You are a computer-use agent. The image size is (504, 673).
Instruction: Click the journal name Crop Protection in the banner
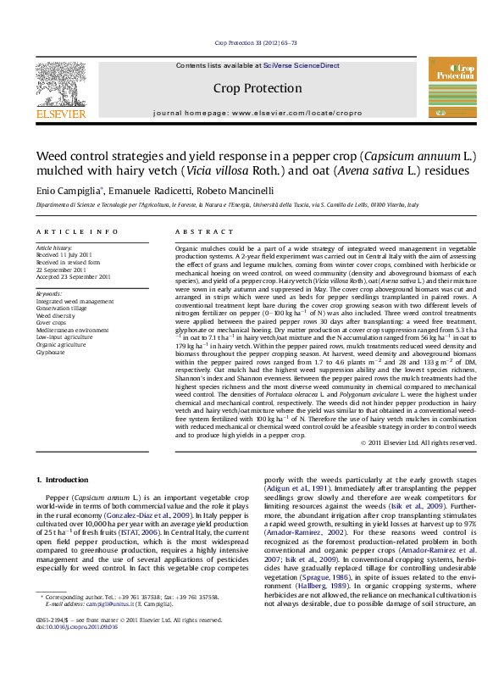(x=252, y=87)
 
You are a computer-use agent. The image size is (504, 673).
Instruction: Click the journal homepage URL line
(x=252, y=113)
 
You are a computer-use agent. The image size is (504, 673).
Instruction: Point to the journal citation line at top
(x=252, y=42)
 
